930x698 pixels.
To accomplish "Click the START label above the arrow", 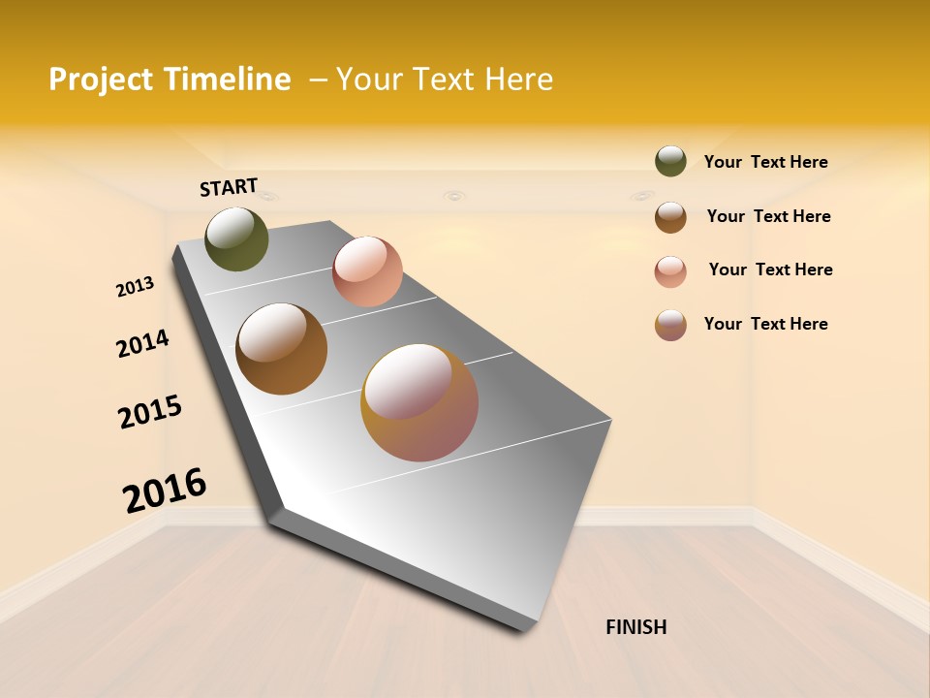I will point(229,187).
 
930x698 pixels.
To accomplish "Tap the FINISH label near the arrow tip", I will point(635,627).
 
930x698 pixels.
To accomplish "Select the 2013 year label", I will point(135,287).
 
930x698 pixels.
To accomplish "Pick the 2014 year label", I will point(142,343).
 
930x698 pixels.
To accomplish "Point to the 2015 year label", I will point(150,412).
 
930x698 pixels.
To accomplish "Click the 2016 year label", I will point(165,491).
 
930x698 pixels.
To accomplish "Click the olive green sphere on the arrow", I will point(236,238).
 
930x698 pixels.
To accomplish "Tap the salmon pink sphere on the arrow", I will point(367,271).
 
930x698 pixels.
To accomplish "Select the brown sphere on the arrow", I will point(281,349).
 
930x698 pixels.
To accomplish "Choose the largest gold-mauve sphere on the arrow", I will point(419,402).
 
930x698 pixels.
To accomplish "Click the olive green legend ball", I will point(670,161).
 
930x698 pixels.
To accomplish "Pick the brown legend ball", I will point(670,216).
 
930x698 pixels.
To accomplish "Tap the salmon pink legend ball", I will point(670,271).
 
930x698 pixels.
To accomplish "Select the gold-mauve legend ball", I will point(670,325).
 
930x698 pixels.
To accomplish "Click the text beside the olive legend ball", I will point(765,162).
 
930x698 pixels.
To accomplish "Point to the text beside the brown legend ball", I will point(768,216).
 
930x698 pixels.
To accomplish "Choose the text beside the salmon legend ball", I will point(770,270).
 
